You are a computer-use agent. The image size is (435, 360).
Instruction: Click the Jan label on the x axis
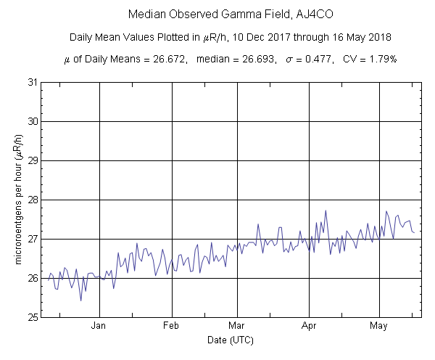pyautogui.click(x=99, y=326)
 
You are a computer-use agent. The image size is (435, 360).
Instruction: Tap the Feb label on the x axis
pyautogui.click(x=172, y=326)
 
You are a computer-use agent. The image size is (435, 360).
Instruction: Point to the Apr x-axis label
pyautogui.click(x=310, y=326)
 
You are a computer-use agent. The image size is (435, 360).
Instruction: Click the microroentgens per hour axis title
pyautogui.click(x=17, y=200)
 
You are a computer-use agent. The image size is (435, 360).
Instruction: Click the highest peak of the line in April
pyautogui.click(x=326, y=210)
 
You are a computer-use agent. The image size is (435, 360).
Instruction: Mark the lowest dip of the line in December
pyautogui.click(x=80, y=300)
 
